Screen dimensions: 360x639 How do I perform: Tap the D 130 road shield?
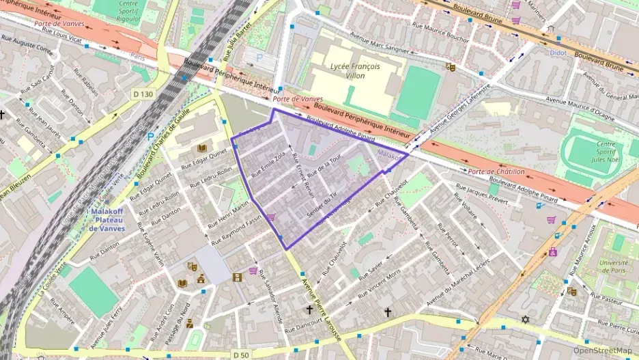click(x=143, y=94)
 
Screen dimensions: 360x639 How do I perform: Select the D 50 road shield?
click(x=240, y=355)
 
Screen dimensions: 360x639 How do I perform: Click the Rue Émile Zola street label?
click(x=268, y=165)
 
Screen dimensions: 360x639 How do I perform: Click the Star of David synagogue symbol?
click(x=525, y=320)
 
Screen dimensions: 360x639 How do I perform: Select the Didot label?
click(x=560, y=52)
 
